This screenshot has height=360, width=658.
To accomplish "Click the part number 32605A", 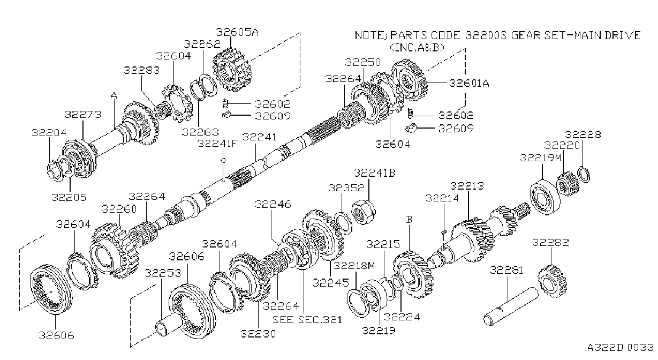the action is (237, 32).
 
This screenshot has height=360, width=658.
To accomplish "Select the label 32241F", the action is (217, 144).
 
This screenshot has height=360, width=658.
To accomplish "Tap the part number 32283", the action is (141, 70).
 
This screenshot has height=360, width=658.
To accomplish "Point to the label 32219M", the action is (541, 158).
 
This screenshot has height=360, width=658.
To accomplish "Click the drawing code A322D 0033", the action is (621, 347).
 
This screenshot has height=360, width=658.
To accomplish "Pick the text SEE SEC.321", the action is (307, 319).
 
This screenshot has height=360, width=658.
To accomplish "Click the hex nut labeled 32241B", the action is (364, 212).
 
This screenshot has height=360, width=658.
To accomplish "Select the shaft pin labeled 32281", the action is (511, 306).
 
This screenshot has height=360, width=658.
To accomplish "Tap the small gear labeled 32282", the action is (552, 281).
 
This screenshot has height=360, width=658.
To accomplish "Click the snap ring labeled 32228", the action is (584, 175).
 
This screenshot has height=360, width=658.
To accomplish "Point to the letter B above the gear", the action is (409, 220).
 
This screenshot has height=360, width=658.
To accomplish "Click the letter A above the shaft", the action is (114, 95).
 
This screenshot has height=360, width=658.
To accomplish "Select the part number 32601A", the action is (469, 83).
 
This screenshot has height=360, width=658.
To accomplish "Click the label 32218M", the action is (354, 265).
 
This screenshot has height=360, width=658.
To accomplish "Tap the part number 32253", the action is (163, 273).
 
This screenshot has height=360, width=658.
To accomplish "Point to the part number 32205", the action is (69, 197).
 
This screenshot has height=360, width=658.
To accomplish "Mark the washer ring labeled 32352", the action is (343, 222).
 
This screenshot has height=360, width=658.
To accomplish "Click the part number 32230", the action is (258, 334).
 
